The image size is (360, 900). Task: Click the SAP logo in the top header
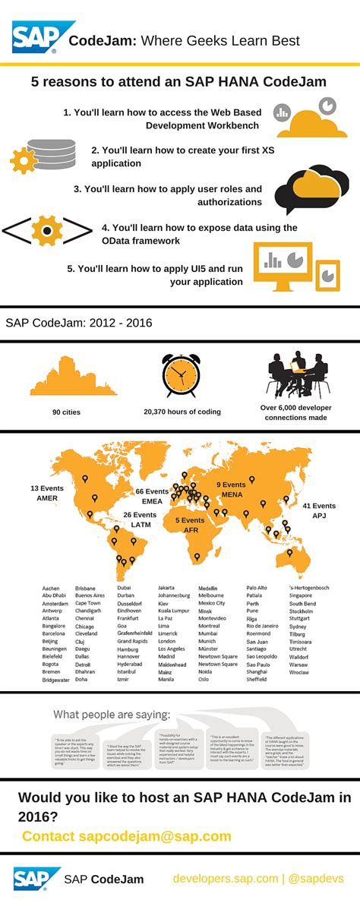[x=33, y=38]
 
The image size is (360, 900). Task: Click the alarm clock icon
[x=181, y=375]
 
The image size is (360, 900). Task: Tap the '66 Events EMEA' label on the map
[x=153, y=496]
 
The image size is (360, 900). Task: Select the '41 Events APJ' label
[x=318, y=510]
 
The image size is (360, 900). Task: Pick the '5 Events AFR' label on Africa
[x=190, y=525]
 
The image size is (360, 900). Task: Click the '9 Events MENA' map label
[x=230, y=489]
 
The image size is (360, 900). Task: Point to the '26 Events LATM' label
[x=140, y=519]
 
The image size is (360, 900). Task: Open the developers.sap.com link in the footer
[x=226, y=879]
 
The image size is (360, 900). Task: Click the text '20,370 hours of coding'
[x=182, y=412]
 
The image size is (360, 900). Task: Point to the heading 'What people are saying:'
[x=112, y=714]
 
